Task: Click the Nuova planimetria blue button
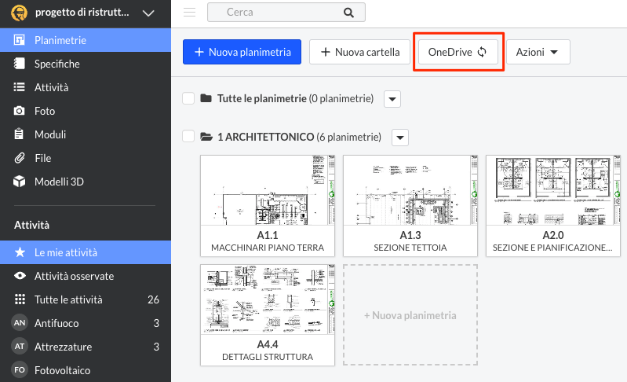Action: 242,53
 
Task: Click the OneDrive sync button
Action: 457,53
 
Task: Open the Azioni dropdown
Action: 538,53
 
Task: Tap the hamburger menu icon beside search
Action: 189,13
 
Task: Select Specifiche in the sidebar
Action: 57,64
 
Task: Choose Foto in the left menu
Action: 45,111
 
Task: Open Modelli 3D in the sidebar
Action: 59,182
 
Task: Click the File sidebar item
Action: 43,158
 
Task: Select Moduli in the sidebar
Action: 50,134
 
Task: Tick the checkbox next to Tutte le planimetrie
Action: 188,98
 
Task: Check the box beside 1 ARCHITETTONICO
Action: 188,137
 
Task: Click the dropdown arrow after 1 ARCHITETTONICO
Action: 400,138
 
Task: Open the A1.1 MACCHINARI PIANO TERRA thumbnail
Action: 268,204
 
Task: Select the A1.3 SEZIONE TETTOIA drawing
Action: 411,204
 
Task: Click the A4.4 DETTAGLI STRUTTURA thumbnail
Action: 268,314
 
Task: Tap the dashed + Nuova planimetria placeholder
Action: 410,315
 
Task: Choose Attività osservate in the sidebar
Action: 74,276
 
